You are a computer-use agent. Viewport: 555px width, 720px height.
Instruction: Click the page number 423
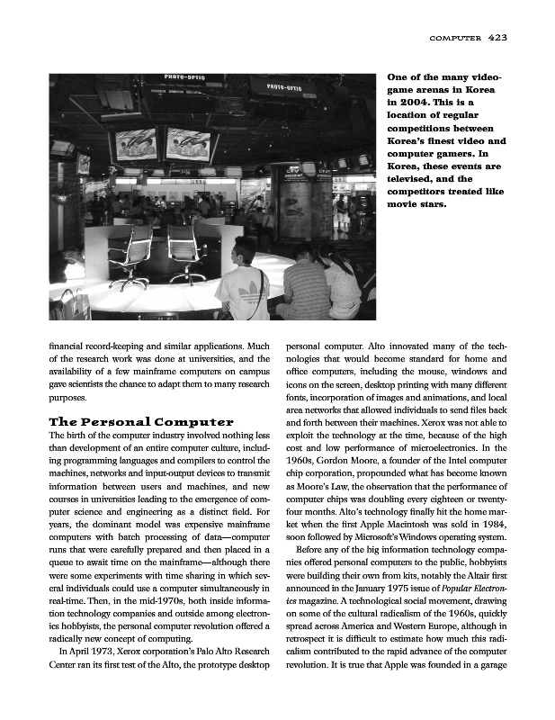point(498,38)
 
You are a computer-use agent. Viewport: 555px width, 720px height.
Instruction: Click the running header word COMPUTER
point(456,39)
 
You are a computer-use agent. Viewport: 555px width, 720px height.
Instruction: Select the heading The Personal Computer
point(141,421)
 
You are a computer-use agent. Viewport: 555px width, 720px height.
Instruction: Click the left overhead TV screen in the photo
point(135,143)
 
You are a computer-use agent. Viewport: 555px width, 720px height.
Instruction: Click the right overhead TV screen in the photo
point(188,144)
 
